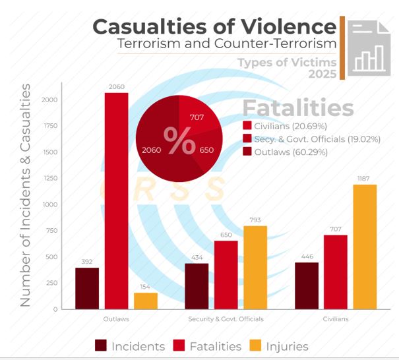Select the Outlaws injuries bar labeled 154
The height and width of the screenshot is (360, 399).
(x=146, y=301)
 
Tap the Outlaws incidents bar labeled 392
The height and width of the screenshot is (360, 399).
(x=86, y=287)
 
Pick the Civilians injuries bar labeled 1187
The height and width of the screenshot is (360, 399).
(x=365, y=247)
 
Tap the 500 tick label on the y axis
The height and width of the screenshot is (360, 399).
(x=51, y=256)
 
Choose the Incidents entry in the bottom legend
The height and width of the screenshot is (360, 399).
(x=130, y=345)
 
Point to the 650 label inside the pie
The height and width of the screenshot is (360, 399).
(x=206, y=150)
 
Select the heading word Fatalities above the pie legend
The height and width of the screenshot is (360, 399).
(x=297, y=107)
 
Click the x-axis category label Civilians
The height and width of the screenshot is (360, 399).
(x=336, y=318)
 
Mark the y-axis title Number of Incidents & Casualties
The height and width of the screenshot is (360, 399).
(x=25, y=195)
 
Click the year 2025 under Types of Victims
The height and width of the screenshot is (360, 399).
(x=322, y=74)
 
